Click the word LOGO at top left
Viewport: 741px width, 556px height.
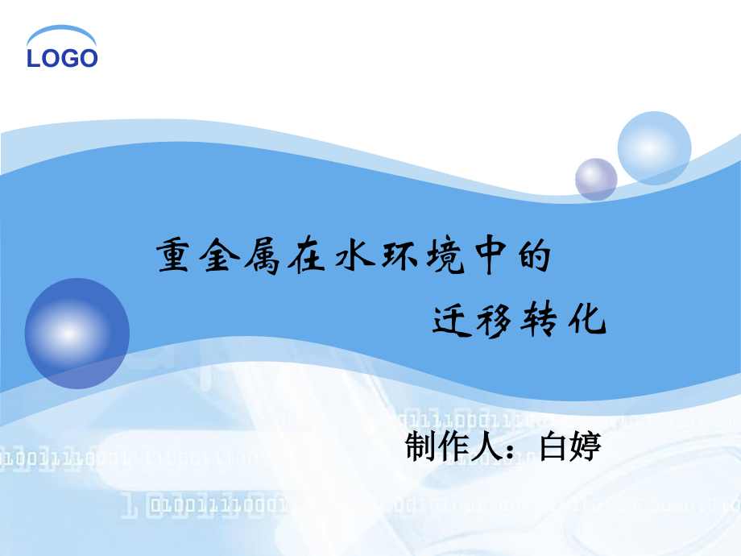[x=62, y=58]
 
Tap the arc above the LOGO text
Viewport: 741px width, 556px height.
[x=62, y=34]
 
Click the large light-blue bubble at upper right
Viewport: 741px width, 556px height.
[x=654, y=148]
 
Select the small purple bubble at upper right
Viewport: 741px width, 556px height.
[x=596, y=179]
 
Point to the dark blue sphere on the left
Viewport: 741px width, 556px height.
[x=77, y=333]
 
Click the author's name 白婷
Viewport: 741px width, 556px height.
[x=570, y=446]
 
